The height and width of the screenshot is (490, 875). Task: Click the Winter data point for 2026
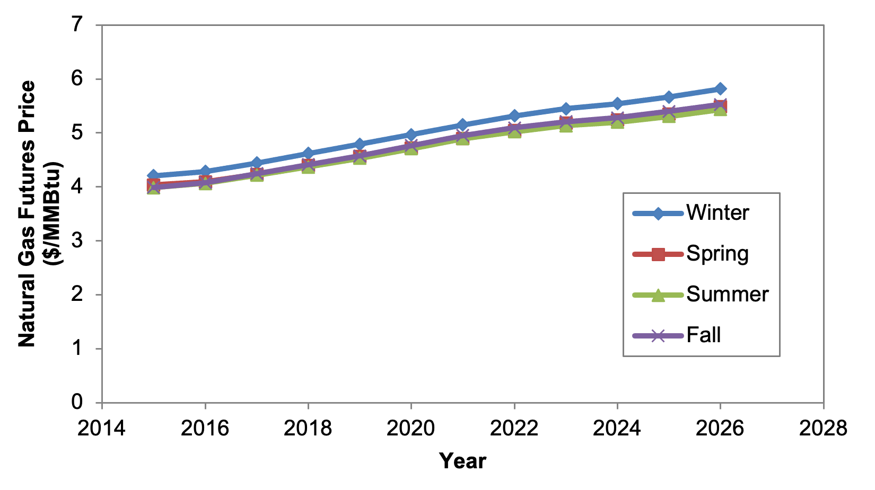click(720, 88)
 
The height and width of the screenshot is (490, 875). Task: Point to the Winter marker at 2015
click(153, 175)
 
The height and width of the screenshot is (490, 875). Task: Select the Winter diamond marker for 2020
click(411, 135)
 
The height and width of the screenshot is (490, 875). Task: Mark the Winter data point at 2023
click(565, 109)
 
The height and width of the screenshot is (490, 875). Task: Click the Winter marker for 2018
click(308, 153)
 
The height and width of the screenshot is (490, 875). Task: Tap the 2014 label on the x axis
click(102, 429)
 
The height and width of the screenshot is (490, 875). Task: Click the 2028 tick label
click(823, 429)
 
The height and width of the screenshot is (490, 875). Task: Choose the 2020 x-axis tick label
click(411, 429)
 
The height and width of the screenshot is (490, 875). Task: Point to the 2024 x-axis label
click(617, 429)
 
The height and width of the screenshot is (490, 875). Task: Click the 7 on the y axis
click(77, 24)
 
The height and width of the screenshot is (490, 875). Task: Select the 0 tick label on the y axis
click(77, 402)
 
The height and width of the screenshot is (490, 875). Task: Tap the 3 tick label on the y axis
click(77, 240)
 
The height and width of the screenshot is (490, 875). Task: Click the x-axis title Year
click(462, 461)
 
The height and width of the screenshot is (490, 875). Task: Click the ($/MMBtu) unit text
click(53, 213)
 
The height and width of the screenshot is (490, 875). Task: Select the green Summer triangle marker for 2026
click(720, 110)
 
